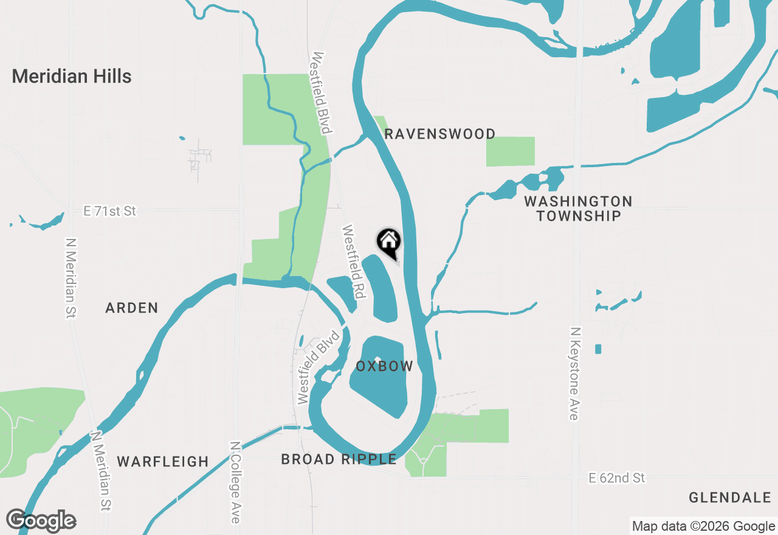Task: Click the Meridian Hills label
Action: pyautogui.click(x=72, y=77)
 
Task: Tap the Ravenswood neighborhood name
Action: pyautogui.click(x=440, y=134)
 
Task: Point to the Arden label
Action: pyautogui.click(x=132, y=308)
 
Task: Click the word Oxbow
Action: pyautogui.click(x=385, y=366)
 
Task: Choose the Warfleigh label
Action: pyautogui.click(x=163, y=461)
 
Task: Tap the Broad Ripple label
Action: pyautogui.click(x=339, y=459)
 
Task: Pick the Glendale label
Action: pyautogui.click(x=730, y=498)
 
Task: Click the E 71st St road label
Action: pyautogui.click(x=110, y=211)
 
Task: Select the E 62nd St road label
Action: pyautogui.click(x=617, y=478)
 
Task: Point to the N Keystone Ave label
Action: pyautogui.click(x=574, y=373)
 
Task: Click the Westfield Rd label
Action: pyautogui.click(x=353, y=262)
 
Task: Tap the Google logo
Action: pyautogui.click(x=41, y=520)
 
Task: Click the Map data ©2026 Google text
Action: pyautogui.click(x=703, y=526)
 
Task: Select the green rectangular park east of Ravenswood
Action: pyautogui.click(x=511, y=151)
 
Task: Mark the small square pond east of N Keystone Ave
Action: pyautogui.click(x=598, y=349)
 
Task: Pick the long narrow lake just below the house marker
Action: pyautogui.click(x=382, y=289)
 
